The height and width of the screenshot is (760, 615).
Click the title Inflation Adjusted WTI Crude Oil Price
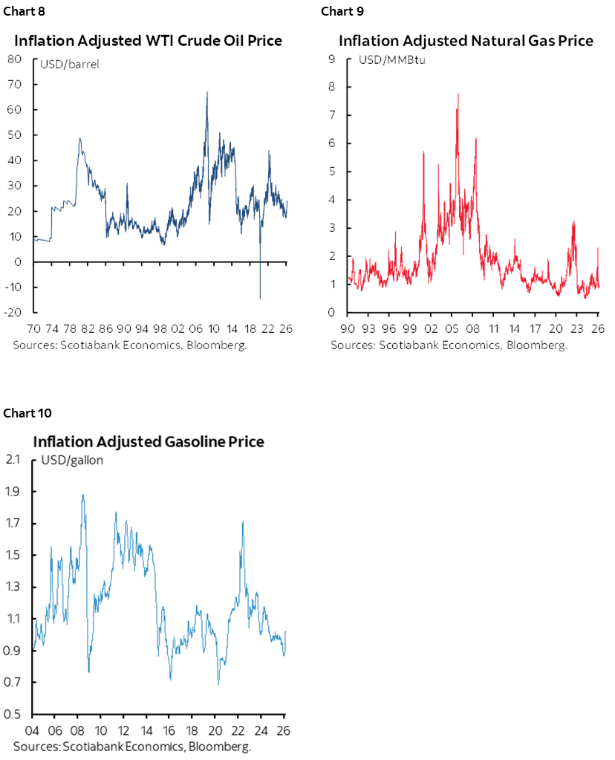pos(149,41)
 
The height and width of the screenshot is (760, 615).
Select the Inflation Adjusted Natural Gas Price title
pos(466,41)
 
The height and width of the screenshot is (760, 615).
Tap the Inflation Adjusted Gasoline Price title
pos(149,442)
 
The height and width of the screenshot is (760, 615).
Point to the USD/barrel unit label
pos(74,64)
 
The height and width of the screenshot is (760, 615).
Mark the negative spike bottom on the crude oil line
pos(260,299)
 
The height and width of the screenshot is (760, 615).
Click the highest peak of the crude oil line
pos(206,93)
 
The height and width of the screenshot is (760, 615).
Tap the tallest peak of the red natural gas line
pos(458,94)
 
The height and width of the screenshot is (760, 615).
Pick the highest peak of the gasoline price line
pos(82,495)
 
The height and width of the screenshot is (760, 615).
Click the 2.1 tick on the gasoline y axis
pos(15,460)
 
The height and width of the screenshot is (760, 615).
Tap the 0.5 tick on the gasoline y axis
pos(15,715)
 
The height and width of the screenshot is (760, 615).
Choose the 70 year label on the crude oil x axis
pos(35,329)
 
